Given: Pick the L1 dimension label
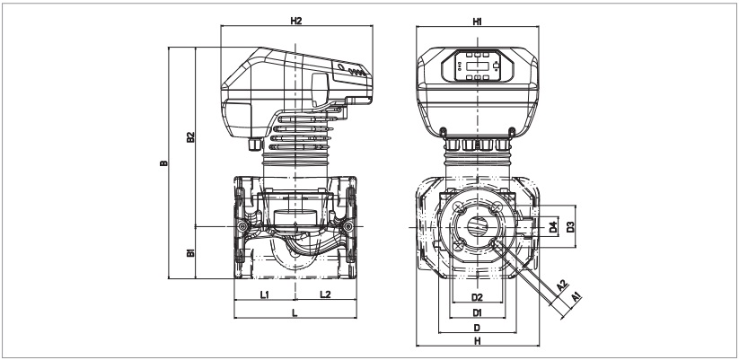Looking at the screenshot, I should [266, 294].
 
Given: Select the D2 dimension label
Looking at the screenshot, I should [478, 295].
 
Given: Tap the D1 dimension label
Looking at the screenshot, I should [478, 312].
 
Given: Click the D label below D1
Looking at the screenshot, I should [478, 328].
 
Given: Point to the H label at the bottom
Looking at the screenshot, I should [478, 342].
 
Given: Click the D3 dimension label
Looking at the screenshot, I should [569, 228].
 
